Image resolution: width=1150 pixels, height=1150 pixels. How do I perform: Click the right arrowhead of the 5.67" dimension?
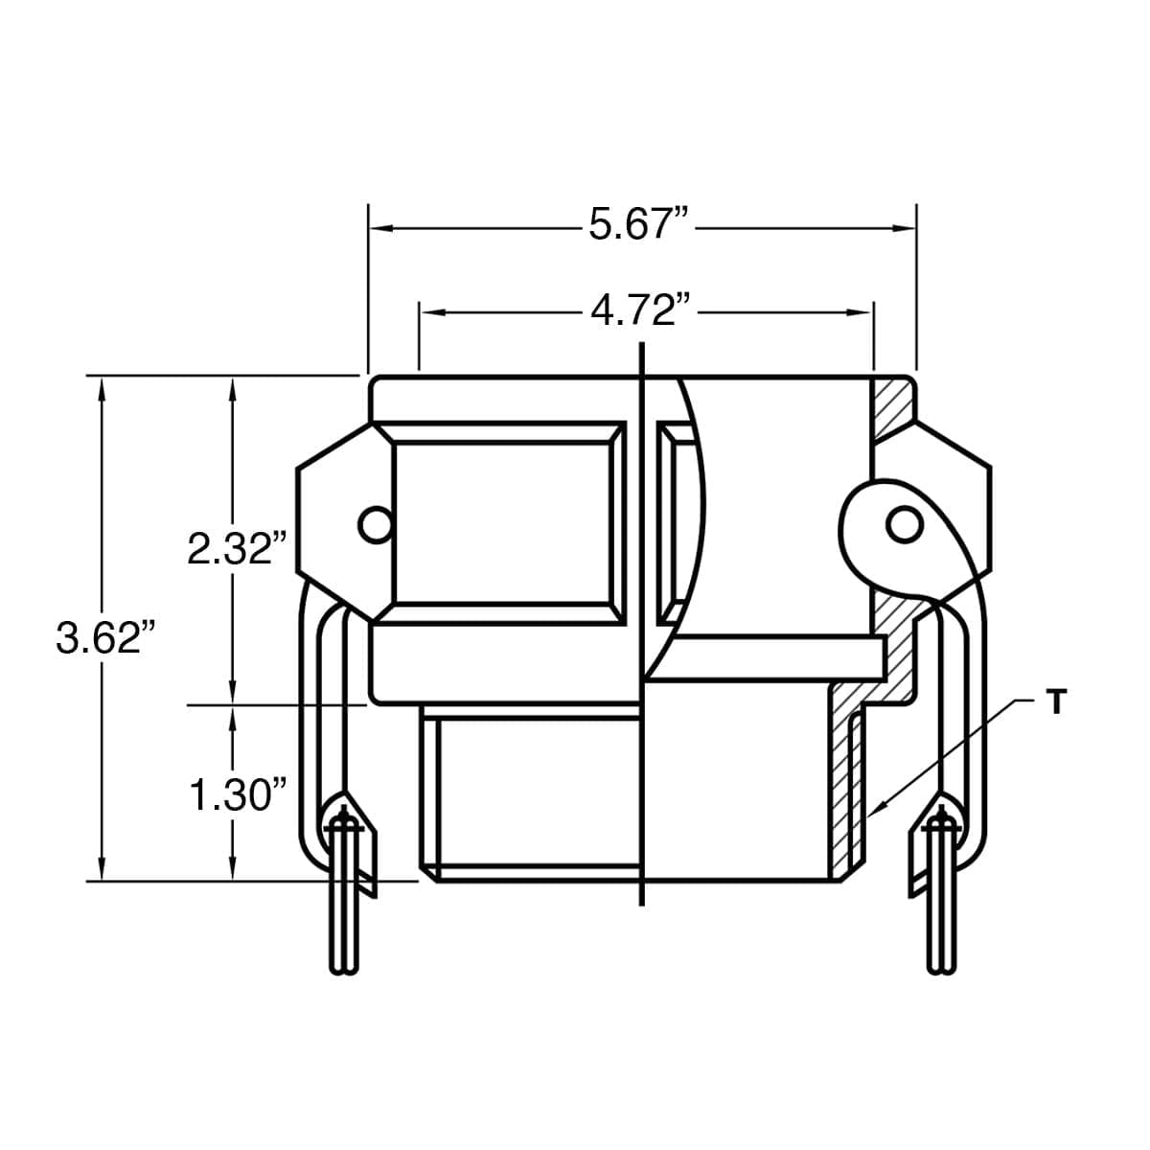(x=905, y=228)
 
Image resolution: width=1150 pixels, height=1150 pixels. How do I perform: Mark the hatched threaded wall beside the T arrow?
(x=842, y=795)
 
